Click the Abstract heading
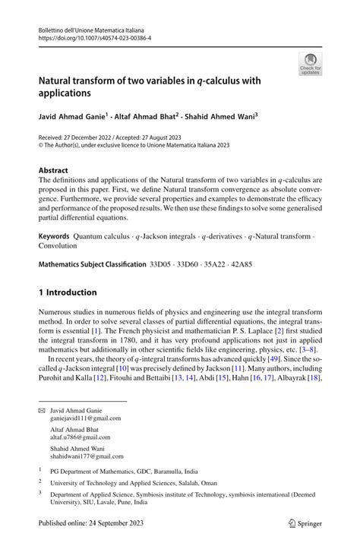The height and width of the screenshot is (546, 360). (53, 170)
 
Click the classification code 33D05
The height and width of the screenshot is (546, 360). (162, 265)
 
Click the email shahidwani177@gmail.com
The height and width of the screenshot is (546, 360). (87, 456)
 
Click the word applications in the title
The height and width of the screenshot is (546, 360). (65, 95)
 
